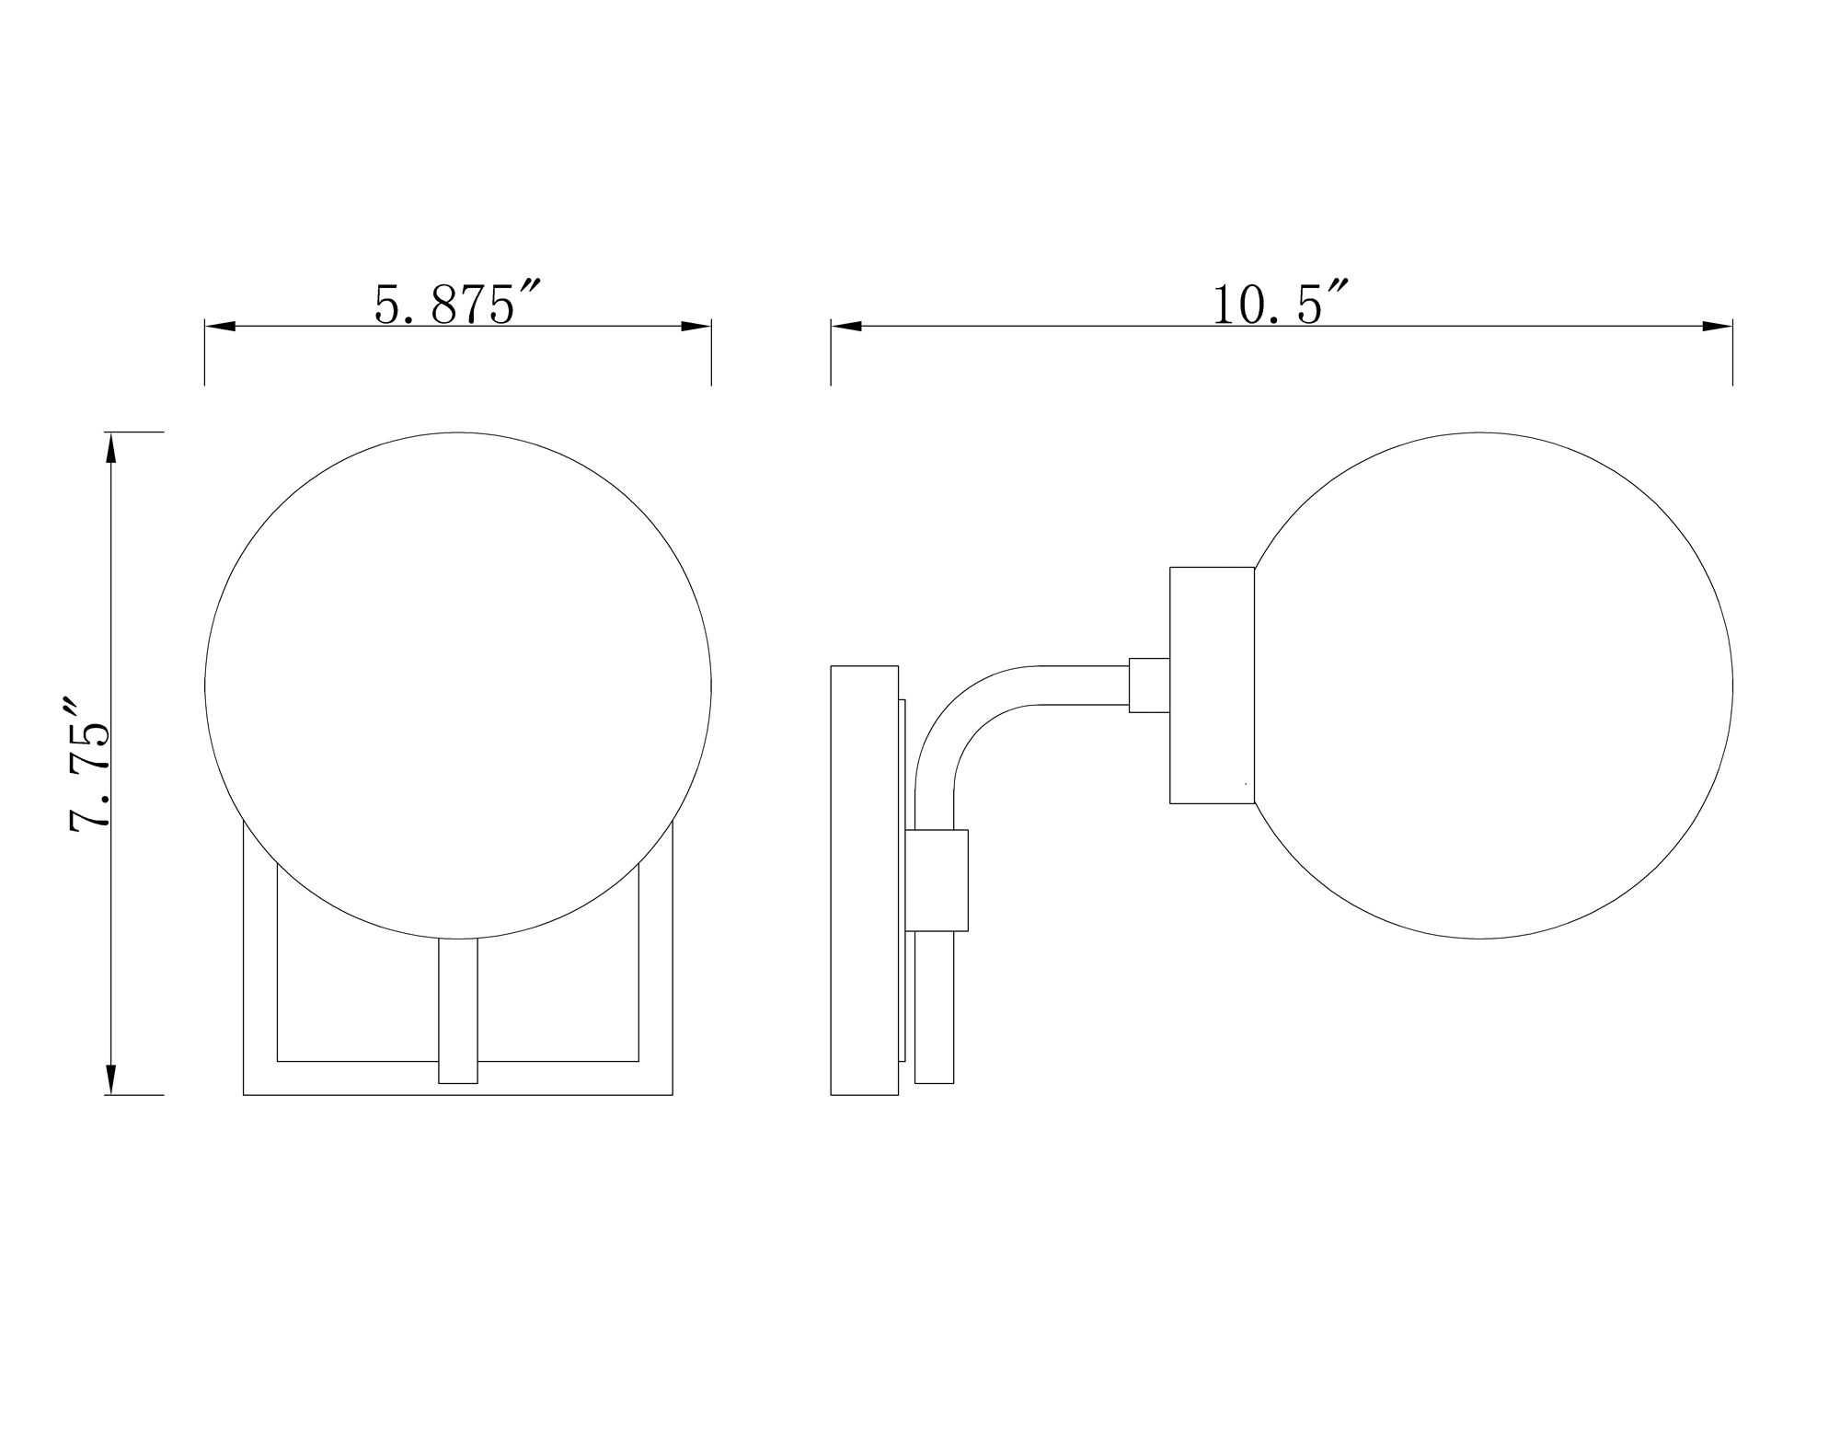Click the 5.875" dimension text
click(456, 305)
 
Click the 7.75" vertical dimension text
click(90, 764)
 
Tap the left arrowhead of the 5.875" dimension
click(219, 327)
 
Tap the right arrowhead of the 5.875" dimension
click(696, 327)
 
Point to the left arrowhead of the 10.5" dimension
click(846, 327)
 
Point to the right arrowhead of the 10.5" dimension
click(1718, 327)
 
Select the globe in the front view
click(457, 686)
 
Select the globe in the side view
click(1490, 686)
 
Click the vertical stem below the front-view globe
click(457, 1012)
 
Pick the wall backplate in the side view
click(864, 879)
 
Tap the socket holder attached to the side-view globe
click(1212, 686)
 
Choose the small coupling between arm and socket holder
click(1149, 686)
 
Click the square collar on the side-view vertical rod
click(937, 878)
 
